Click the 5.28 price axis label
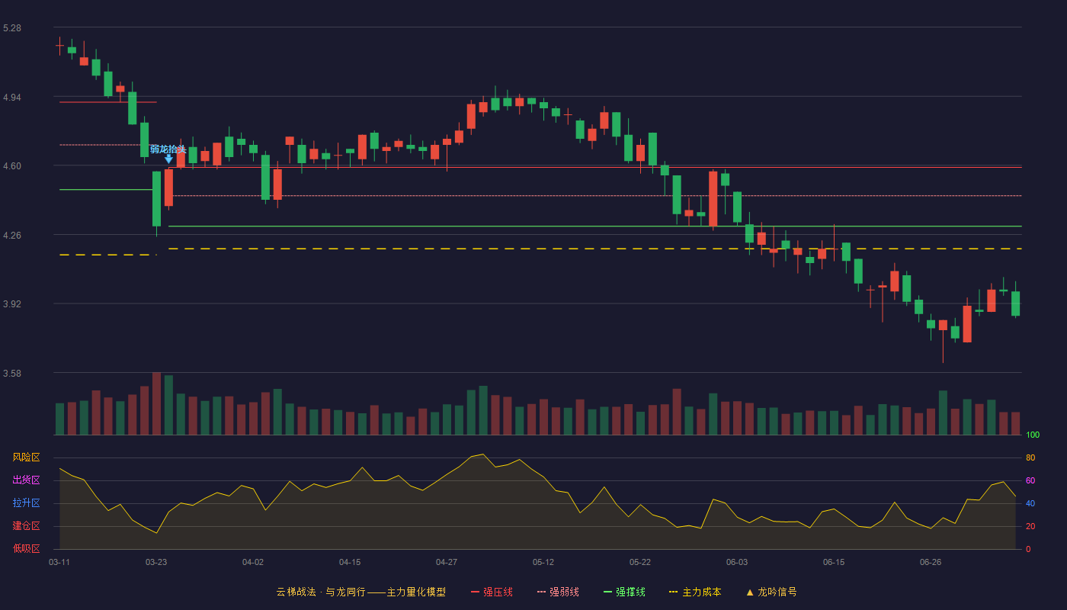click(12, 28)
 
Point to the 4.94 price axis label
click(12, 98)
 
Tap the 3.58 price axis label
click(12, 374)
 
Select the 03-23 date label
click(156, 563)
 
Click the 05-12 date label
click(543, 563)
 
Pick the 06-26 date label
click(931, 563)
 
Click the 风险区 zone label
click(26, 457)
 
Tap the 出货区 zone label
click(26, 480)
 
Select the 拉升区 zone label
click(26, 502)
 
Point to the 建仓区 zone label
click(26, 525)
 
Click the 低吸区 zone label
click(26, 548)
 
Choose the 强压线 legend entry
click(492, 592)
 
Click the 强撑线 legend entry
click(624, 592)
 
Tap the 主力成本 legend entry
click(695, 592)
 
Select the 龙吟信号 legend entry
click(771, 592)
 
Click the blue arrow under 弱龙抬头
click(168, 159)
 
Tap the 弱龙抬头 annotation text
click(168, 149)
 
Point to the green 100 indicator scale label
click(1033, 435)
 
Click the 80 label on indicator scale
click(1030, 457)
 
